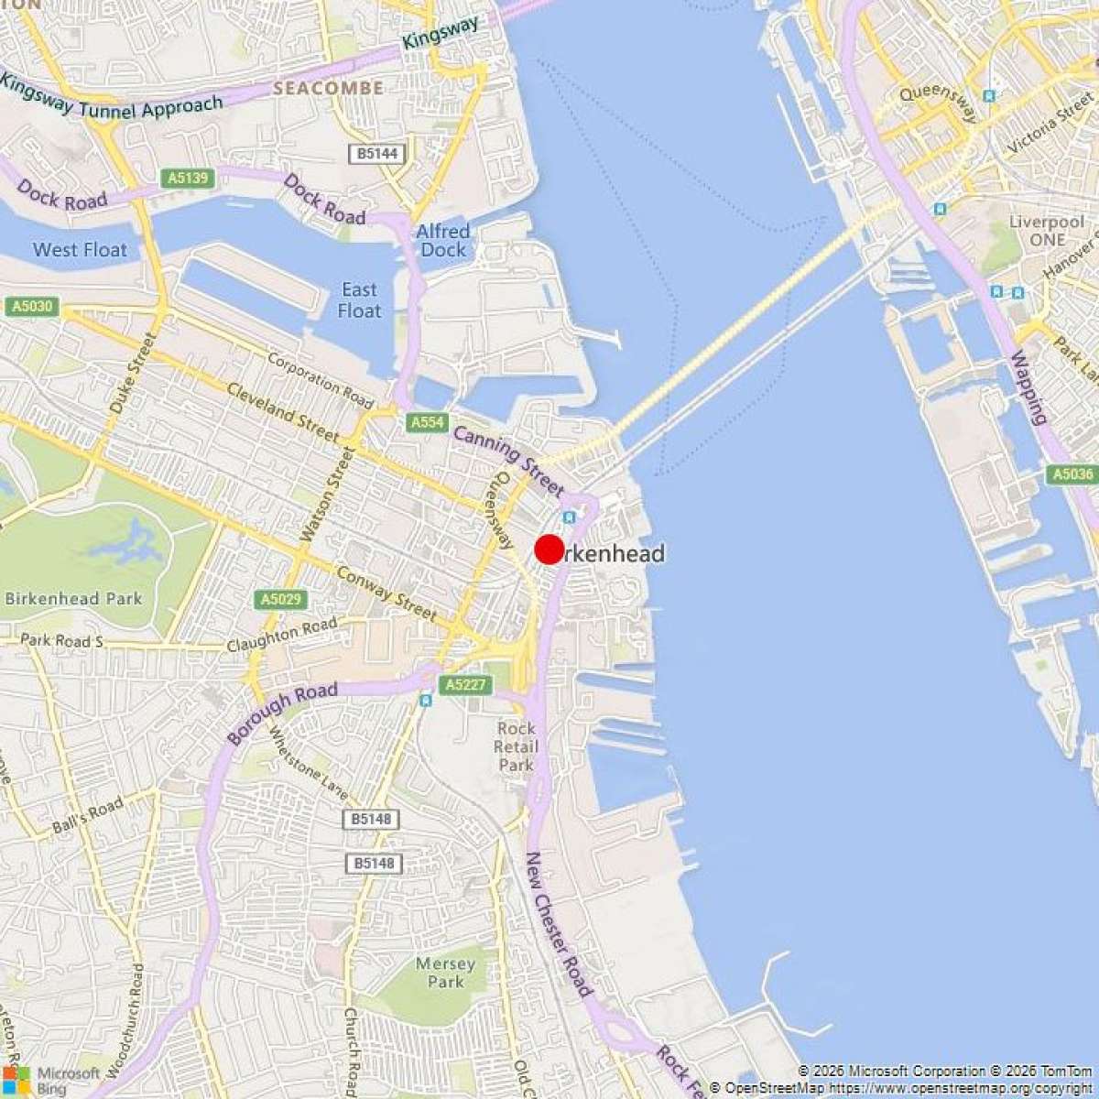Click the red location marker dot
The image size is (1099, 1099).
549,549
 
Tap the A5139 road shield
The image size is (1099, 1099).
189,178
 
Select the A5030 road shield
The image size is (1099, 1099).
31,306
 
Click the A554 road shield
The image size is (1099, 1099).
427,422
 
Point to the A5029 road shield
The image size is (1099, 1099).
280,599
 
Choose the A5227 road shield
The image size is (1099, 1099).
465,684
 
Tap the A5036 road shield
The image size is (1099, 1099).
1072,474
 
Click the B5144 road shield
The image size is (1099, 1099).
377,153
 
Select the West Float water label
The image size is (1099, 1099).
80,249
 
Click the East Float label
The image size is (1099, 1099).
359,300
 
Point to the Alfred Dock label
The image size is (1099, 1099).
443,240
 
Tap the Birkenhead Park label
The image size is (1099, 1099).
73,599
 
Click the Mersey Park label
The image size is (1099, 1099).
446,973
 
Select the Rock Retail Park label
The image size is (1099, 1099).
517,746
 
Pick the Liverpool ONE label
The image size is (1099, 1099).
1047,231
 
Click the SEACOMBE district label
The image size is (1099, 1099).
328,89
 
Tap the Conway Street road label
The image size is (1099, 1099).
386,592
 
